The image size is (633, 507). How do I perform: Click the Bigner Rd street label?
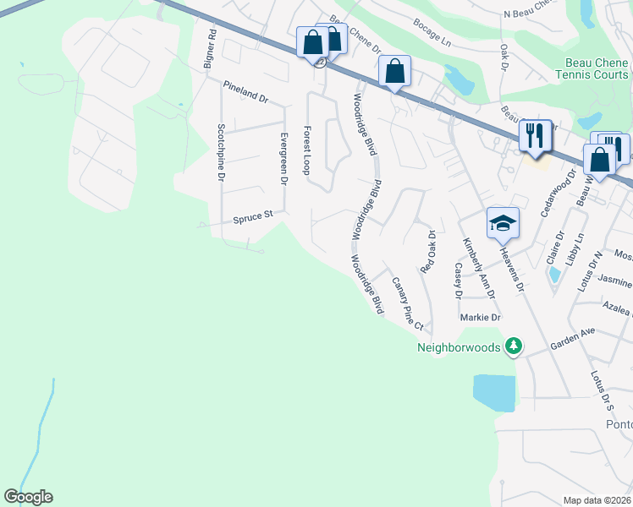(212, 50)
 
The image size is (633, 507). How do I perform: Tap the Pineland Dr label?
(245, 92)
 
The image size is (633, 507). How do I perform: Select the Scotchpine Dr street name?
(219, 153)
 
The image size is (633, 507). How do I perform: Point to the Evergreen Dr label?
(283, 158)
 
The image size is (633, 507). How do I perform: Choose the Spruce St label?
(252, 217)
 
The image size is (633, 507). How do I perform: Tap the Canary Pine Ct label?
(406, 303)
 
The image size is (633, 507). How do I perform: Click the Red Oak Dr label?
(431, 247)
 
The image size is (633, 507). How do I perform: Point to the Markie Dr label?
(481, 318)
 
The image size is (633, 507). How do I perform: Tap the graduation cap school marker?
(503, 223)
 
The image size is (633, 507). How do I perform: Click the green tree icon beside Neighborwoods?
(512, 346)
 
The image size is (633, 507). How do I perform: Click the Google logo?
(28, 497)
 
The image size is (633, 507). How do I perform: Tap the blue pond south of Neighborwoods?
(493, 393)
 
